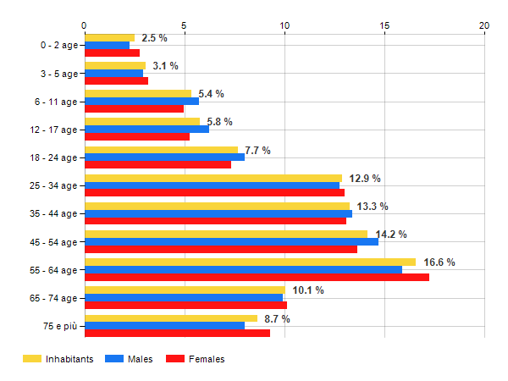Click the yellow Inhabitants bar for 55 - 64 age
(250, 262)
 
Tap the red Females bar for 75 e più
(177, 334)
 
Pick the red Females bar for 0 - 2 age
(112, 52)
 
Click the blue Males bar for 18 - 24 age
(164, 157)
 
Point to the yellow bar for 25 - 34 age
(213, 178)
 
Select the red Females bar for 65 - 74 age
(185, 305)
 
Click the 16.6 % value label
(439, 262)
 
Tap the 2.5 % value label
(154, 38)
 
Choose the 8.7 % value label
(278, 319)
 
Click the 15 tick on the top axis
(384, 25)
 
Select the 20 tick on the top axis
(484, 25)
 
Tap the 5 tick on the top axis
(184, 25)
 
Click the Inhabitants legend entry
(58, 359)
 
